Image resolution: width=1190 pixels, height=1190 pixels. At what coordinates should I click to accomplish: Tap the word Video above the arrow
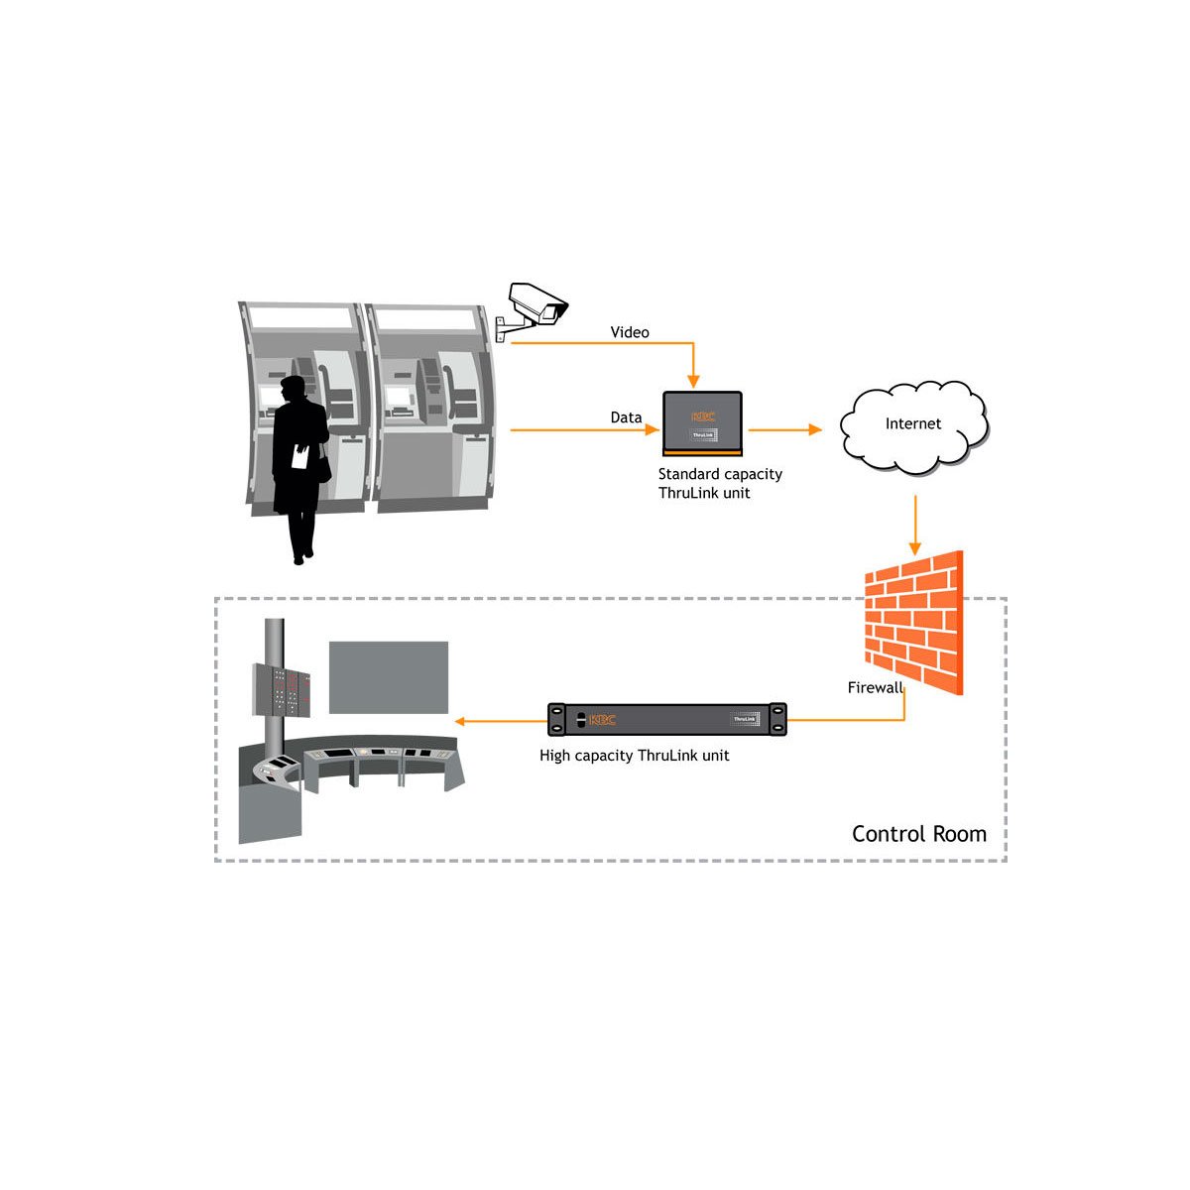(630, 332)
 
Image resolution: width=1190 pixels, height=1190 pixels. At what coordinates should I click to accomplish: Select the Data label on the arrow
(626, 417)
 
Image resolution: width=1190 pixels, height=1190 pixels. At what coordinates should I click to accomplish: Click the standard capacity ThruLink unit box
(702, 423)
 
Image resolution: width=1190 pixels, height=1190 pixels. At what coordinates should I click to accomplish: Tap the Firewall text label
(875, 687)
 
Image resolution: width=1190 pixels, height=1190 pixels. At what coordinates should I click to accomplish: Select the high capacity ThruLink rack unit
(666, 719)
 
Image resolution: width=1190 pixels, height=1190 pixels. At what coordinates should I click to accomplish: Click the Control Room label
(918, 834)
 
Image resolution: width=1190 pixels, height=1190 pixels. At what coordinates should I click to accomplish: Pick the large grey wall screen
(389, 677)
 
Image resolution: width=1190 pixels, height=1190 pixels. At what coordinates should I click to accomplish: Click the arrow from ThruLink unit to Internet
(784, 429)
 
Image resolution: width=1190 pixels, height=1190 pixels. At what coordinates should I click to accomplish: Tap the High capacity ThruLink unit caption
(634, 756)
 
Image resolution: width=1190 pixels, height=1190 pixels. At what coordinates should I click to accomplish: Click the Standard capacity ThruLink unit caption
(720, 484)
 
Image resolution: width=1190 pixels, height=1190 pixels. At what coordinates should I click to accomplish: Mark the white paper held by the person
(299, 457)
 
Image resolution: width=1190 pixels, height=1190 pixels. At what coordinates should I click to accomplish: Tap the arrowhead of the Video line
(693, 382)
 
